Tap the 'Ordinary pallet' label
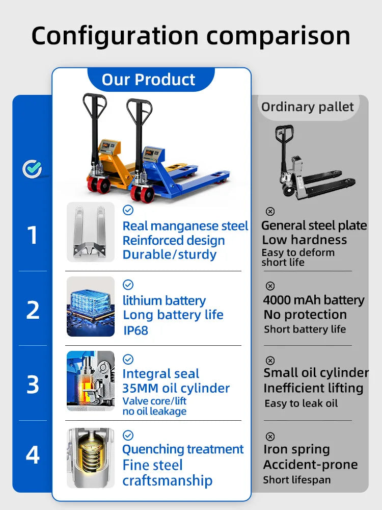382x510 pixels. point(307,107)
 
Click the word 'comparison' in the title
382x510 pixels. point(279,36)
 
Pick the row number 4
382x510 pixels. point(33,455)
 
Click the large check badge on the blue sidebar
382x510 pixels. point(32,169)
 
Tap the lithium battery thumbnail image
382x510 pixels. point(91,307)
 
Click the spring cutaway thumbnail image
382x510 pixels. point(91,457)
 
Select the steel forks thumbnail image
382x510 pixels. point(91,232)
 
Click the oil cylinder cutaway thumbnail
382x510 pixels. point(91,381)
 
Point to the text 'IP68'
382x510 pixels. point(136,330)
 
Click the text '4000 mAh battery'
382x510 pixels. point(314,300)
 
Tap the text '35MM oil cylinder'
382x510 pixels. point(176,388)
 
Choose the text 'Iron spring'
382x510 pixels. point(296,449)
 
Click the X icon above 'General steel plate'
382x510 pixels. point(270,212)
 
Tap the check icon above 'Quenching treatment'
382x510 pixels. point(128,435)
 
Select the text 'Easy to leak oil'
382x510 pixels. point(301,403)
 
